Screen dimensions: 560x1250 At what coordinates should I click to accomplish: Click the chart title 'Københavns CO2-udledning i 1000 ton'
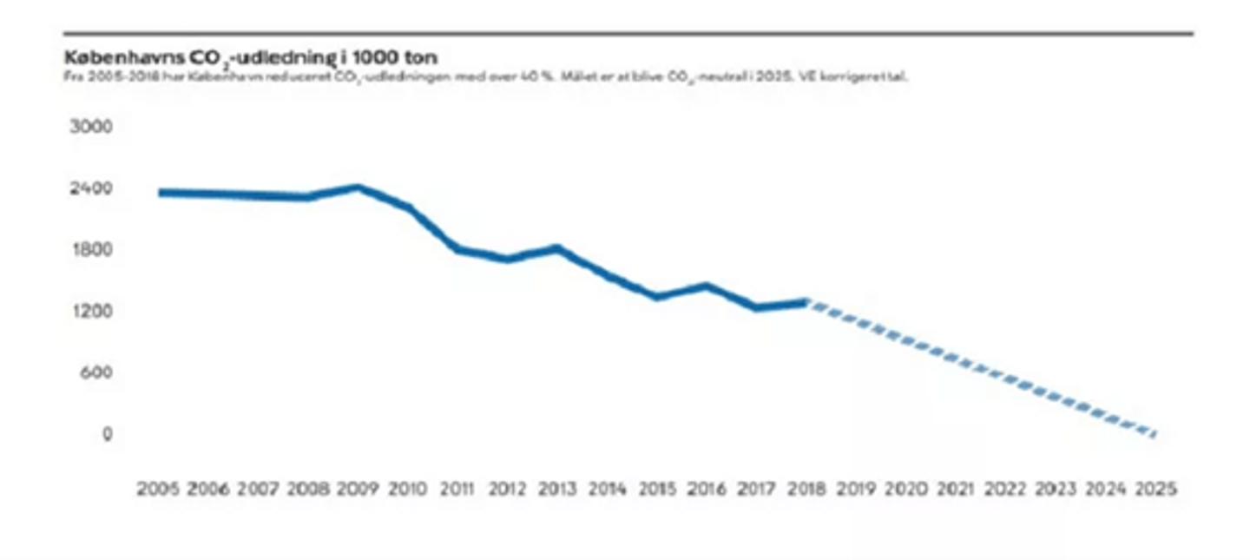251,57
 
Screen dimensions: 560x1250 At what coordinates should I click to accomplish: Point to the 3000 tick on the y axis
90,127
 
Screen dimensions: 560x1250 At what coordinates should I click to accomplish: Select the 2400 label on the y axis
90,188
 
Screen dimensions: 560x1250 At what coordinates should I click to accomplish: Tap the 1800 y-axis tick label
90,250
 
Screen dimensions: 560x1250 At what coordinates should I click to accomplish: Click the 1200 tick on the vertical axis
90,311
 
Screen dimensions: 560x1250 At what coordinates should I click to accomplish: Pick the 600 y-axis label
95,372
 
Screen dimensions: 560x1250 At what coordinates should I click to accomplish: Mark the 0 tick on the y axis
108,433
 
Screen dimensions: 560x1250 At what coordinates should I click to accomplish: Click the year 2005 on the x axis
158,490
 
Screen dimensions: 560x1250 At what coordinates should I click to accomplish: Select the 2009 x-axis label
358,490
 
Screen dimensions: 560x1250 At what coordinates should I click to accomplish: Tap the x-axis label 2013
557,490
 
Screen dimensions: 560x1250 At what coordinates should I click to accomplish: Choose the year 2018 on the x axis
806,490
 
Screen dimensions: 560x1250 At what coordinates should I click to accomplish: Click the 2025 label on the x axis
1155,490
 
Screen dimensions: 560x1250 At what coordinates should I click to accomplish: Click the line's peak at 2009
358,188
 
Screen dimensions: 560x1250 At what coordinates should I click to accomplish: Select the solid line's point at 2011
457,250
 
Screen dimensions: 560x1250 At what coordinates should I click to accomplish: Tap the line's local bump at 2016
707,287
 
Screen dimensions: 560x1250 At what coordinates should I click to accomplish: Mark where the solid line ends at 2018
806,302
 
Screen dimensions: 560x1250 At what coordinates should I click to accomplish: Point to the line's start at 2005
161,192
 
